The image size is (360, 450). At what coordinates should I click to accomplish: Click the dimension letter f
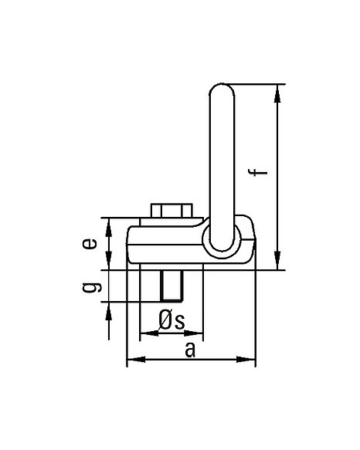(258, 172)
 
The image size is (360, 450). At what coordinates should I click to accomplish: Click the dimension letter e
(90, 244)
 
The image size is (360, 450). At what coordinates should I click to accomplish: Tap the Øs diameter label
(172, 320)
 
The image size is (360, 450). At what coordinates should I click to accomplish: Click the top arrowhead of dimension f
(277, 93)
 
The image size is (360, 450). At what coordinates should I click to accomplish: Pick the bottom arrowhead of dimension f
(277, 261)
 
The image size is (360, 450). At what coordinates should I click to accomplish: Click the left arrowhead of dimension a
(136, 359)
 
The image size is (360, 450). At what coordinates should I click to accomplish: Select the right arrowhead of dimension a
(246, 359)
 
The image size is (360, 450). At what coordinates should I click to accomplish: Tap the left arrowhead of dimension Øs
(149, 333)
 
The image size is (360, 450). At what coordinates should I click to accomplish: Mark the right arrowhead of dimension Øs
(194, 333)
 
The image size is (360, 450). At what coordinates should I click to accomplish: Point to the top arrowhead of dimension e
(109, 227)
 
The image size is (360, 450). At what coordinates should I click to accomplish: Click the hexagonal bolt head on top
(172, 211)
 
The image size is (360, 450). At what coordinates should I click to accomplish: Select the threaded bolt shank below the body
(172, 286)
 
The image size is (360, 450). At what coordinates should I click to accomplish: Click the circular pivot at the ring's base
(222, 241)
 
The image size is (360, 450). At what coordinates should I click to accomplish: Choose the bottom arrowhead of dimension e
(109, 261)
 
